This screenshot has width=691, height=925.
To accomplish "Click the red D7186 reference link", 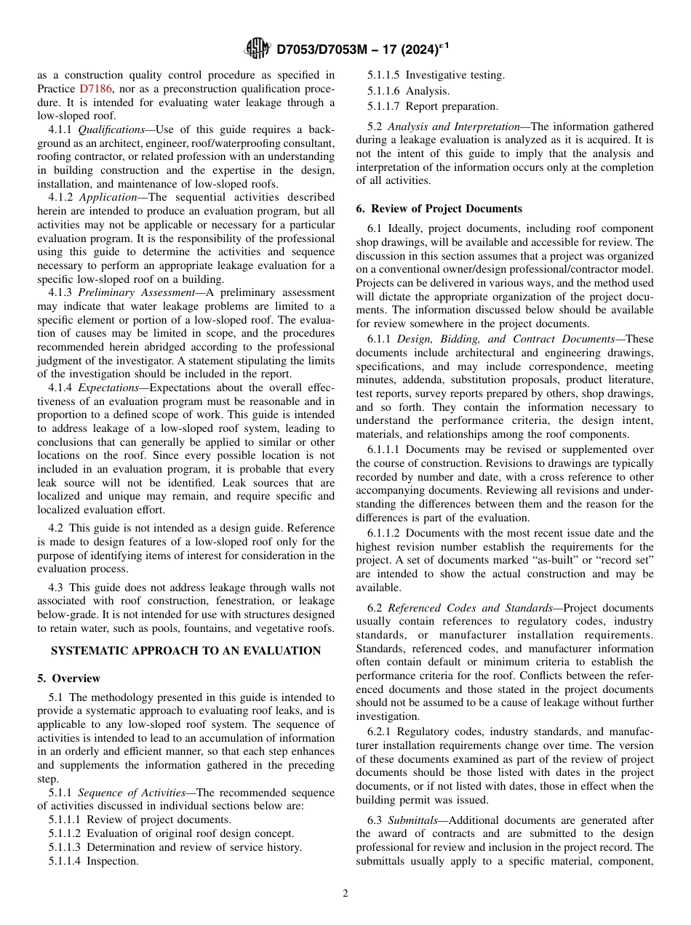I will [95, 89].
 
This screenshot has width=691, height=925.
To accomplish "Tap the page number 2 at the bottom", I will [345, 894].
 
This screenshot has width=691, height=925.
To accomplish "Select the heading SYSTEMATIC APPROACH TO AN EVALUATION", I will [186, 651].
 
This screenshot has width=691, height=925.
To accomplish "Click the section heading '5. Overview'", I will [69, 678].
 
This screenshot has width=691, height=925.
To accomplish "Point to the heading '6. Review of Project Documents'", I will [439, 209].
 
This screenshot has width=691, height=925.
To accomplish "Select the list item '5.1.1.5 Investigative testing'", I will [436, 75].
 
